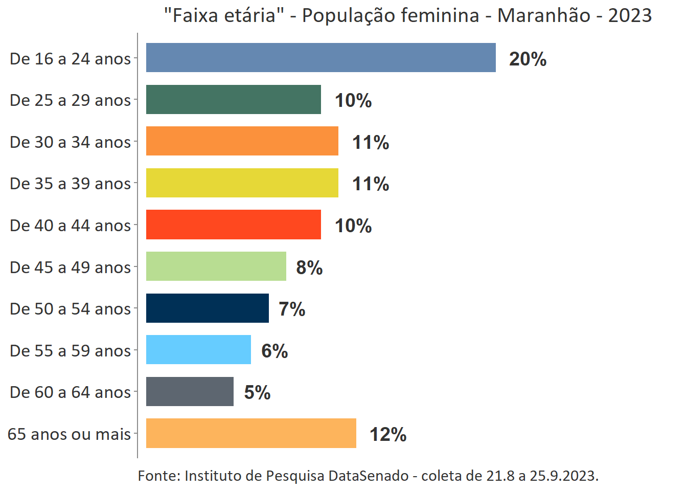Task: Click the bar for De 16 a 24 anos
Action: (x=320, y=58)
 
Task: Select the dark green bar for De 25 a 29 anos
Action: (x=233, y=100)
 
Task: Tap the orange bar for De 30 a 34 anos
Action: (x=242, y=141)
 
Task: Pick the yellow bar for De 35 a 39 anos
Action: (x=242, y=183)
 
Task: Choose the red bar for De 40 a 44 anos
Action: (x=233, y=225)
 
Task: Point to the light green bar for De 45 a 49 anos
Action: (x=216, y=266)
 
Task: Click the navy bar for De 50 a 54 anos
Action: (x=207, y=308)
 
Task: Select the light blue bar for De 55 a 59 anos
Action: (x=198, y=350)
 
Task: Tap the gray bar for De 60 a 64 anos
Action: (x=190, y=392)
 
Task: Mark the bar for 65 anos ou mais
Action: (x=251, y=433)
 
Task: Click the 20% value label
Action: (x=528, y=59)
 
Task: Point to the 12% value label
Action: (x=388, y=434)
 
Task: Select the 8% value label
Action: (x=309, y=267)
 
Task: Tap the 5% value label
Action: (x=257, y=392)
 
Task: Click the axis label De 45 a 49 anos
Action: (x=70, y=267)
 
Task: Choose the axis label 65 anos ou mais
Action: (x=69, y=434)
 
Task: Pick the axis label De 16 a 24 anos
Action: (x=70, y=59)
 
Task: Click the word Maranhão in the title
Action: (x=544, y=16)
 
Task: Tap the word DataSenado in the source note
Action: (x=368, y=476)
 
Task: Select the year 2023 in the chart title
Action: (x=630, y=16)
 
